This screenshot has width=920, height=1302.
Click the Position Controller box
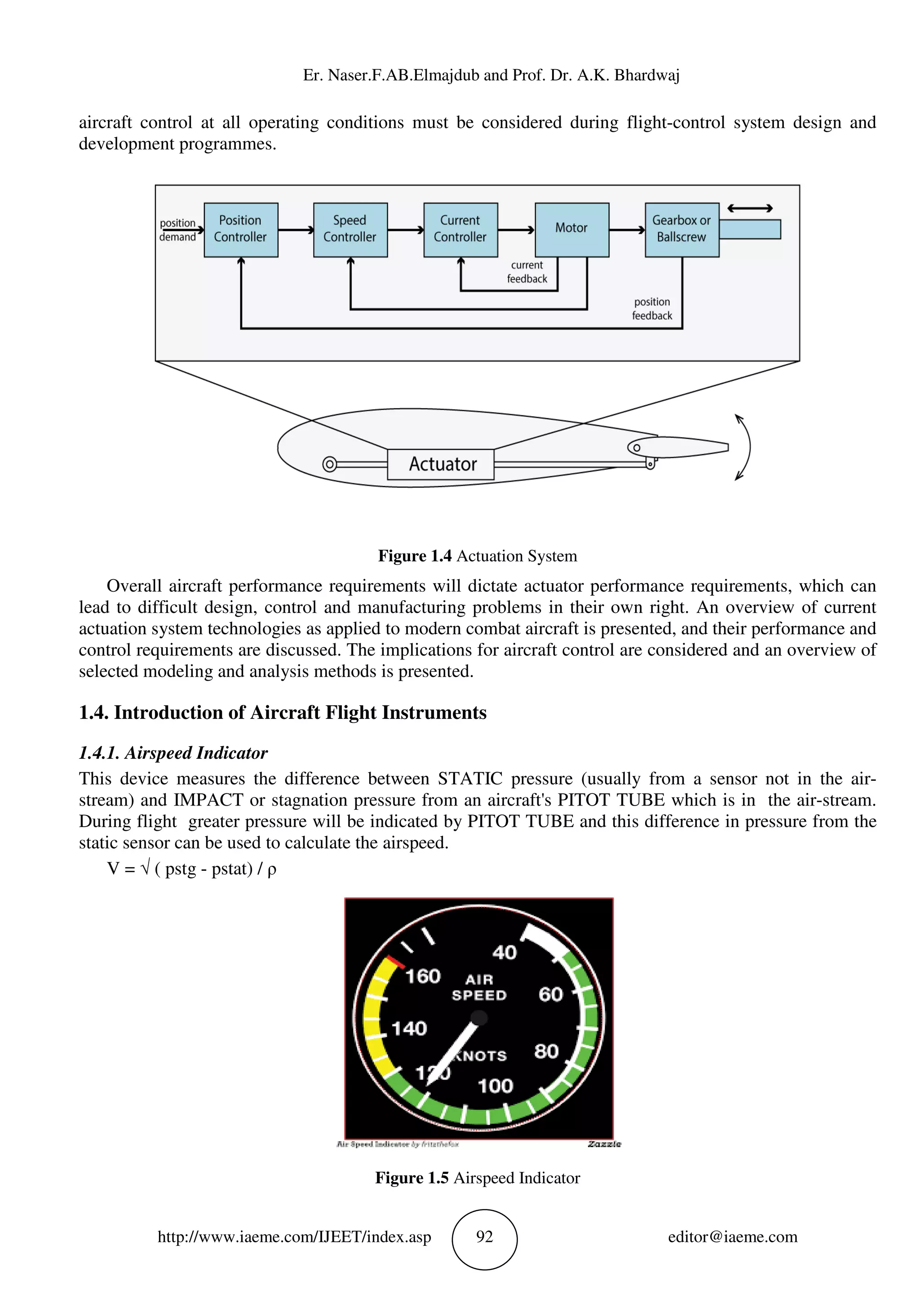(240, 230)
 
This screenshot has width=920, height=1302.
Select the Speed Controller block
(350, 230)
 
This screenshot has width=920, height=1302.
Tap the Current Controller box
(460, 230)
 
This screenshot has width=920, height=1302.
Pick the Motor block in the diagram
(571, 230)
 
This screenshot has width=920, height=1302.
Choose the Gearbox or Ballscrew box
(681, 230)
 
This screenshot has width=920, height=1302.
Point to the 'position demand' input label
(177, 230)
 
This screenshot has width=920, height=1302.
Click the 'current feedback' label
(527, 272)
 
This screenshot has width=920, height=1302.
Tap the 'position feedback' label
(652, 309)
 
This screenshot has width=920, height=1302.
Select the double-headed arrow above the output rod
(749, 208)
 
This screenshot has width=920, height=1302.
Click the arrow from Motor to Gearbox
(627, 230)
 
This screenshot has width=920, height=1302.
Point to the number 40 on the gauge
(504, 952)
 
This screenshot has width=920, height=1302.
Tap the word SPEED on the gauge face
(479, 996)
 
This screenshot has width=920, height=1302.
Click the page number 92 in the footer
(484, 1237)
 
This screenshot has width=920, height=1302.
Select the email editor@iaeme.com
(732, 1237)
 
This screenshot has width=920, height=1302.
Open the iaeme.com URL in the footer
(294, 1237)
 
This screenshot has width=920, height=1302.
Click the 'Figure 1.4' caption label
(414, 556)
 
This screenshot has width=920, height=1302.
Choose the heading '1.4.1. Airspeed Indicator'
(173, 753)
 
